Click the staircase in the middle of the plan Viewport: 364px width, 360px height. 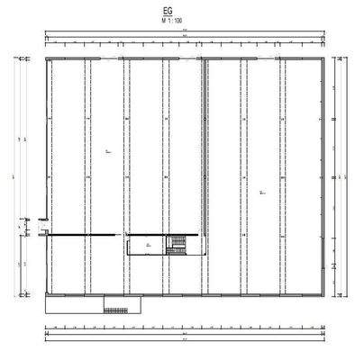point(179,243)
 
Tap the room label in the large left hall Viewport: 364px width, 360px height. point(107,152)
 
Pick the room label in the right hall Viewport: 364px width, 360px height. point(262,191)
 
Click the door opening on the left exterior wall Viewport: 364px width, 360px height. point(45,225)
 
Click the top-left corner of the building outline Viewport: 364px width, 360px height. point(46,58)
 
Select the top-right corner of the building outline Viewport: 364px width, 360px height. point(323,58)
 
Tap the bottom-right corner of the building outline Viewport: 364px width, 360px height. point(323,295)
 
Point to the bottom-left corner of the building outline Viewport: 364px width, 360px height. point(46,295)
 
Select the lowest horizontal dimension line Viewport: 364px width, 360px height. point(184,340)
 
